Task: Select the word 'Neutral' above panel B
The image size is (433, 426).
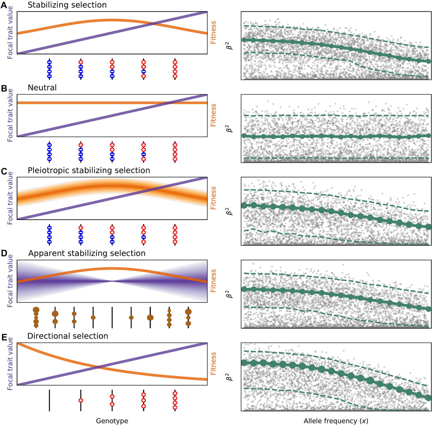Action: (x=41, y=87)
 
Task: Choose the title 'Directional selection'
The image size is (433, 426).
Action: (x=61, y=336)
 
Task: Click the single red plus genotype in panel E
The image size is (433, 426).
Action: (x=81, y=400)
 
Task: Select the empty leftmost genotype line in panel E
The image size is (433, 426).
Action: (x=49, y=400)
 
